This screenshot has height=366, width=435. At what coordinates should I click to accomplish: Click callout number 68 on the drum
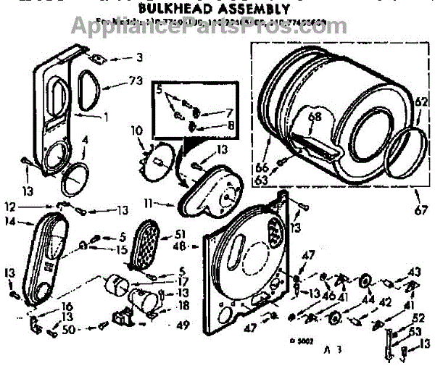315,116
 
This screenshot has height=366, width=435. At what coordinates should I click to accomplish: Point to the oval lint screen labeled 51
153,243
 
